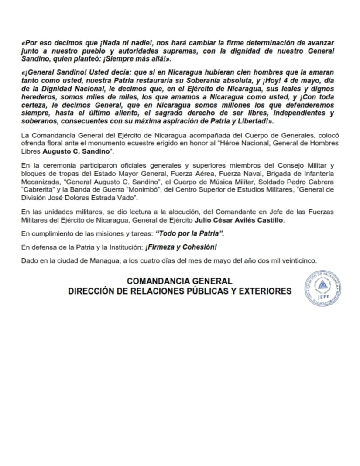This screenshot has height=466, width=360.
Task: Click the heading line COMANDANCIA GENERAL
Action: click(x=179, y=281)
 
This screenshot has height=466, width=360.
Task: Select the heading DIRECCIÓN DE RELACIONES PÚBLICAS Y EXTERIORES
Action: click(x=179, y=291)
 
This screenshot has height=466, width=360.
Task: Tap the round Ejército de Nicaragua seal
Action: click(x=322, y=288)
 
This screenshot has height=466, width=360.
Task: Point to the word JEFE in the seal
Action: click(x=323, y=300)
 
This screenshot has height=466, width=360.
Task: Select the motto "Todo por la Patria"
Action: click(x=190, y=234)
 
